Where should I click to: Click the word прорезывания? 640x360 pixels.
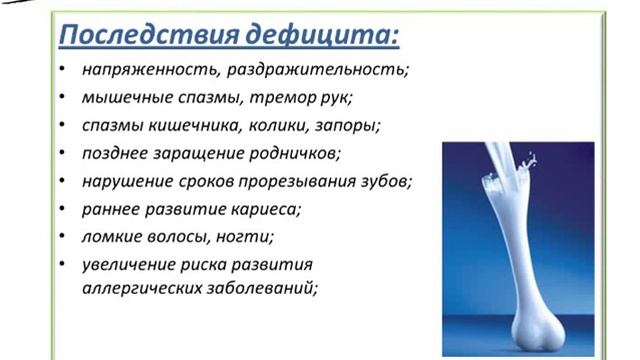[x=294, y=184]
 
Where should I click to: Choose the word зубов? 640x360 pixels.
[x=384, y=184]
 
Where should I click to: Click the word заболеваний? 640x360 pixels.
[x=260, y=288]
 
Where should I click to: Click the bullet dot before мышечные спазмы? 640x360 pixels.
[x=62, y=101]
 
